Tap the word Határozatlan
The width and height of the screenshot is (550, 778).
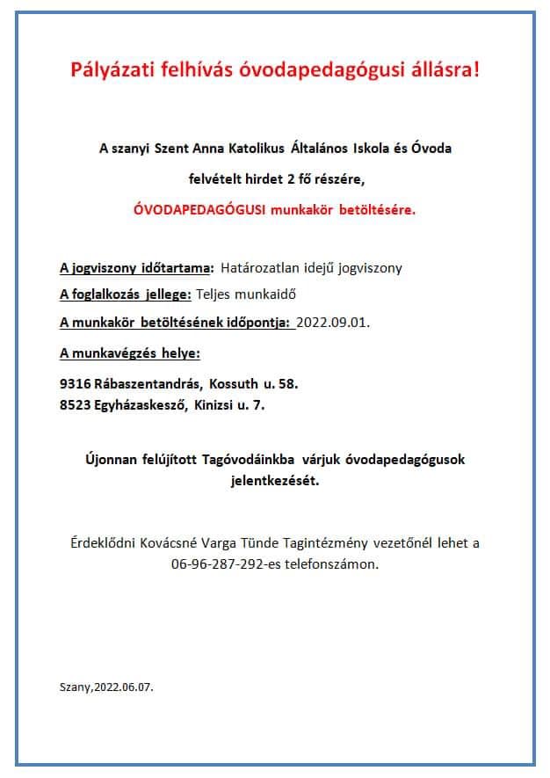[x=260, y=267]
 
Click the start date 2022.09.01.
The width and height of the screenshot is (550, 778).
[x=334, y=323]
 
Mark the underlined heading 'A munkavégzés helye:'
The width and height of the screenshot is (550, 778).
[x=130, y=353]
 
